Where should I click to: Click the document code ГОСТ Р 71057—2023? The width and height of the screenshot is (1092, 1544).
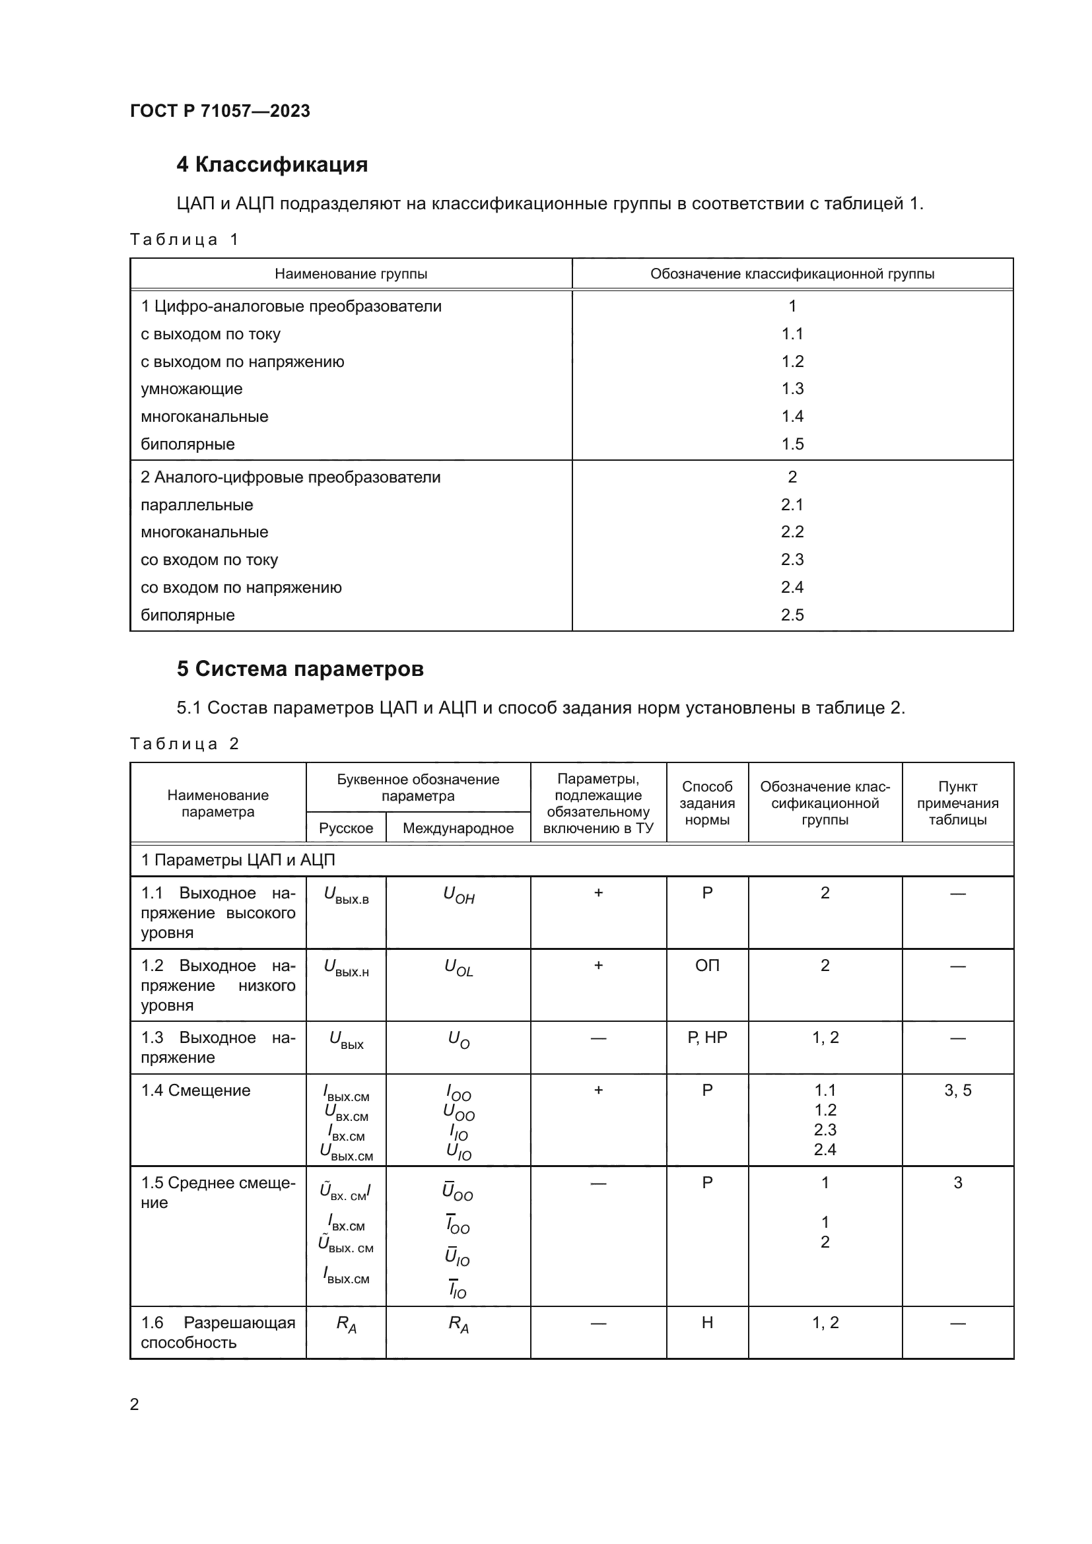tap(220, 111)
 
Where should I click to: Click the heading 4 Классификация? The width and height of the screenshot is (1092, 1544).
tap(271, 165)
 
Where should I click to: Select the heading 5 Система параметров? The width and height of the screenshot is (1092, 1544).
tap(300, 669)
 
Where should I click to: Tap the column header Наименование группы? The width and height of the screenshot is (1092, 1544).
tap(351, 274)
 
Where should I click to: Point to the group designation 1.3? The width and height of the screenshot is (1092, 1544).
tap(792, 389)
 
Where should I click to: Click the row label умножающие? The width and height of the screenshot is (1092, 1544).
tap(191, 389)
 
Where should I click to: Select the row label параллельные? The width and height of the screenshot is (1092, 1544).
tap(196, 505)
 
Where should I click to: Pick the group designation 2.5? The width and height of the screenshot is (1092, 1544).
tap(792, 615)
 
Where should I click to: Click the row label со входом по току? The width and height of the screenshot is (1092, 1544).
tap(209, 560)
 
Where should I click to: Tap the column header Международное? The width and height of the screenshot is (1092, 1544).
tap(458, 828)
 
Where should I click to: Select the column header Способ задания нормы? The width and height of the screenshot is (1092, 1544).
tap(706, 803)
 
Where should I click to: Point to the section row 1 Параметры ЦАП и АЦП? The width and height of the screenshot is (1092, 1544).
tap(238, 860)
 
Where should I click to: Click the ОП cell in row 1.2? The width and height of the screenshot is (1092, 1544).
tap(706, 966)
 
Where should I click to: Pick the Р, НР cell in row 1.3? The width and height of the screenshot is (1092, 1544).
tap(706, 1038)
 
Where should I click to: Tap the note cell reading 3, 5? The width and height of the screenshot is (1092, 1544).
tap(957, 1091)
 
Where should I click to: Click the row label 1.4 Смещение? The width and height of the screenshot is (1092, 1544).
tap(195, 1091)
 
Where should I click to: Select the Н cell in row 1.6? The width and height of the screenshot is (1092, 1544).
tap(706, 1323)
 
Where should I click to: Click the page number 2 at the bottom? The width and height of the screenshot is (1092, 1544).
tap(135, 1404)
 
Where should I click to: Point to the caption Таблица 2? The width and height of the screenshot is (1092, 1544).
tap(184, 744)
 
